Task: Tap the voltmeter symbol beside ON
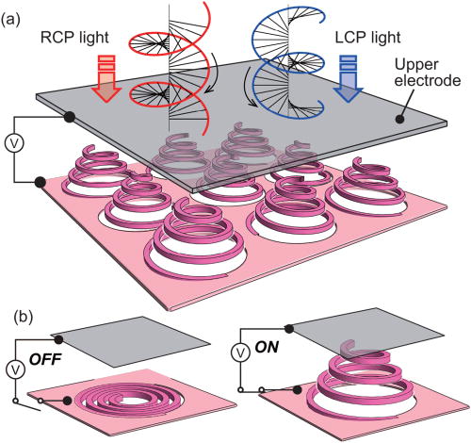tap(242, 353)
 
